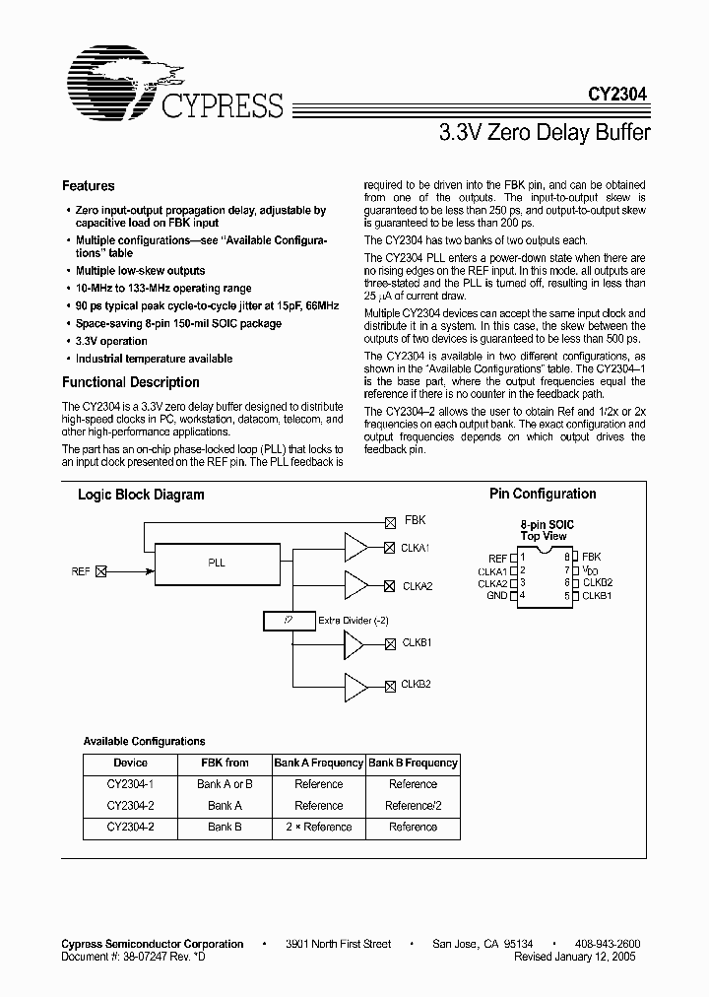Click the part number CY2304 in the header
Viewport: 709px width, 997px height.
pos(619,97)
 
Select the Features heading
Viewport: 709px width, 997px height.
pos(89,186)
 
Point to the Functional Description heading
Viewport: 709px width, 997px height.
pos(131,382)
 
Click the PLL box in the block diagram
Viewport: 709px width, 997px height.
pos(217,564)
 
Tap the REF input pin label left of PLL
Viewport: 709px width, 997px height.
pos(81,570)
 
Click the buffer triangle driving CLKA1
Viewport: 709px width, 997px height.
pos(355,546)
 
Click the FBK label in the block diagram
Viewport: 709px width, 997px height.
pos(415,520)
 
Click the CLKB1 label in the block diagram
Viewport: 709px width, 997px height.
pos(417,642)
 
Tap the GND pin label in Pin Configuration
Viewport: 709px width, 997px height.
pos(497,596)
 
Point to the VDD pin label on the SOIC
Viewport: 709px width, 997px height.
pos(590,570)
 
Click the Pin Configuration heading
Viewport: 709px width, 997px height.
pos(543,495)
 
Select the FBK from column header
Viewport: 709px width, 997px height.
pos(225,764)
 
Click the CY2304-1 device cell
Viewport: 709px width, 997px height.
pos(130,784)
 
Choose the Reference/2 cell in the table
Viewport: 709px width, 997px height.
pos(413,806)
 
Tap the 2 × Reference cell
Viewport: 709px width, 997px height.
pos(319,828)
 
